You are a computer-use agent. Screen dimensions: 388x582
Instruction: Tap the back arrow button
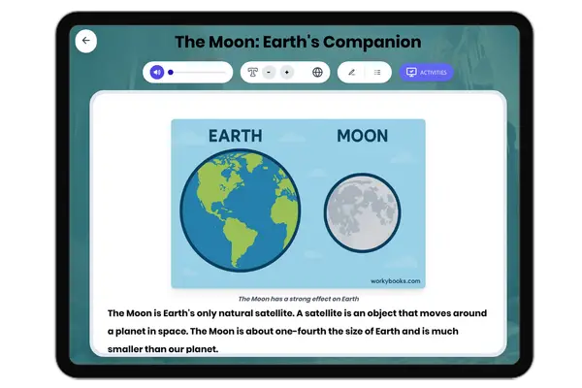(x=86, y=41)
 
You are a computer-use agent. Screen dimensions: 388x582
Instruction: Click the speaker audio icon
(x=156, y=72)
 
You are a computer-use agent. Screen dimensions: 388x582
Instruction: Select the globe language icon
(x=317, y=72)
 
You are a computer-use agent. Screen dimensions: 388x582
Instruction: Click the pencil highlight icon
(x=351, y=72)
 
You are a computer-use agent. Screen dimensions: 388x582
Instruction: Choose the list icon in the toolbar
(x=377, y=72)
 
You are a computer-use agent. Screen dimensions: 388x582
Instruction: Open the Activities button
(x=426, y=72)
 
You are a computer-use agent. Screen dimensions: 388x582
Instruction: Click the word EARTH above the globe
(x=235, y=136)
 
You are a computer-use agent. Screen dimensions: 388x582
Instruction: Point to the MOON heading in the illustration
(x=362, y=136)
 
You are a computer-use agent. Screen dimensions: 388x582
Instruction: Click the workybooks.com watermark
(x=395, y=281)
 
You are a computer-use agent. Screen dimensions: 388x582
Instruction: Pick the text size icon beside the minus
(x=252, y=72)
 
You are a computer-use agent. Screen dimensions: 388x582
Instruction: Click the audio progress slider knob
(x=171, y=72)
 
